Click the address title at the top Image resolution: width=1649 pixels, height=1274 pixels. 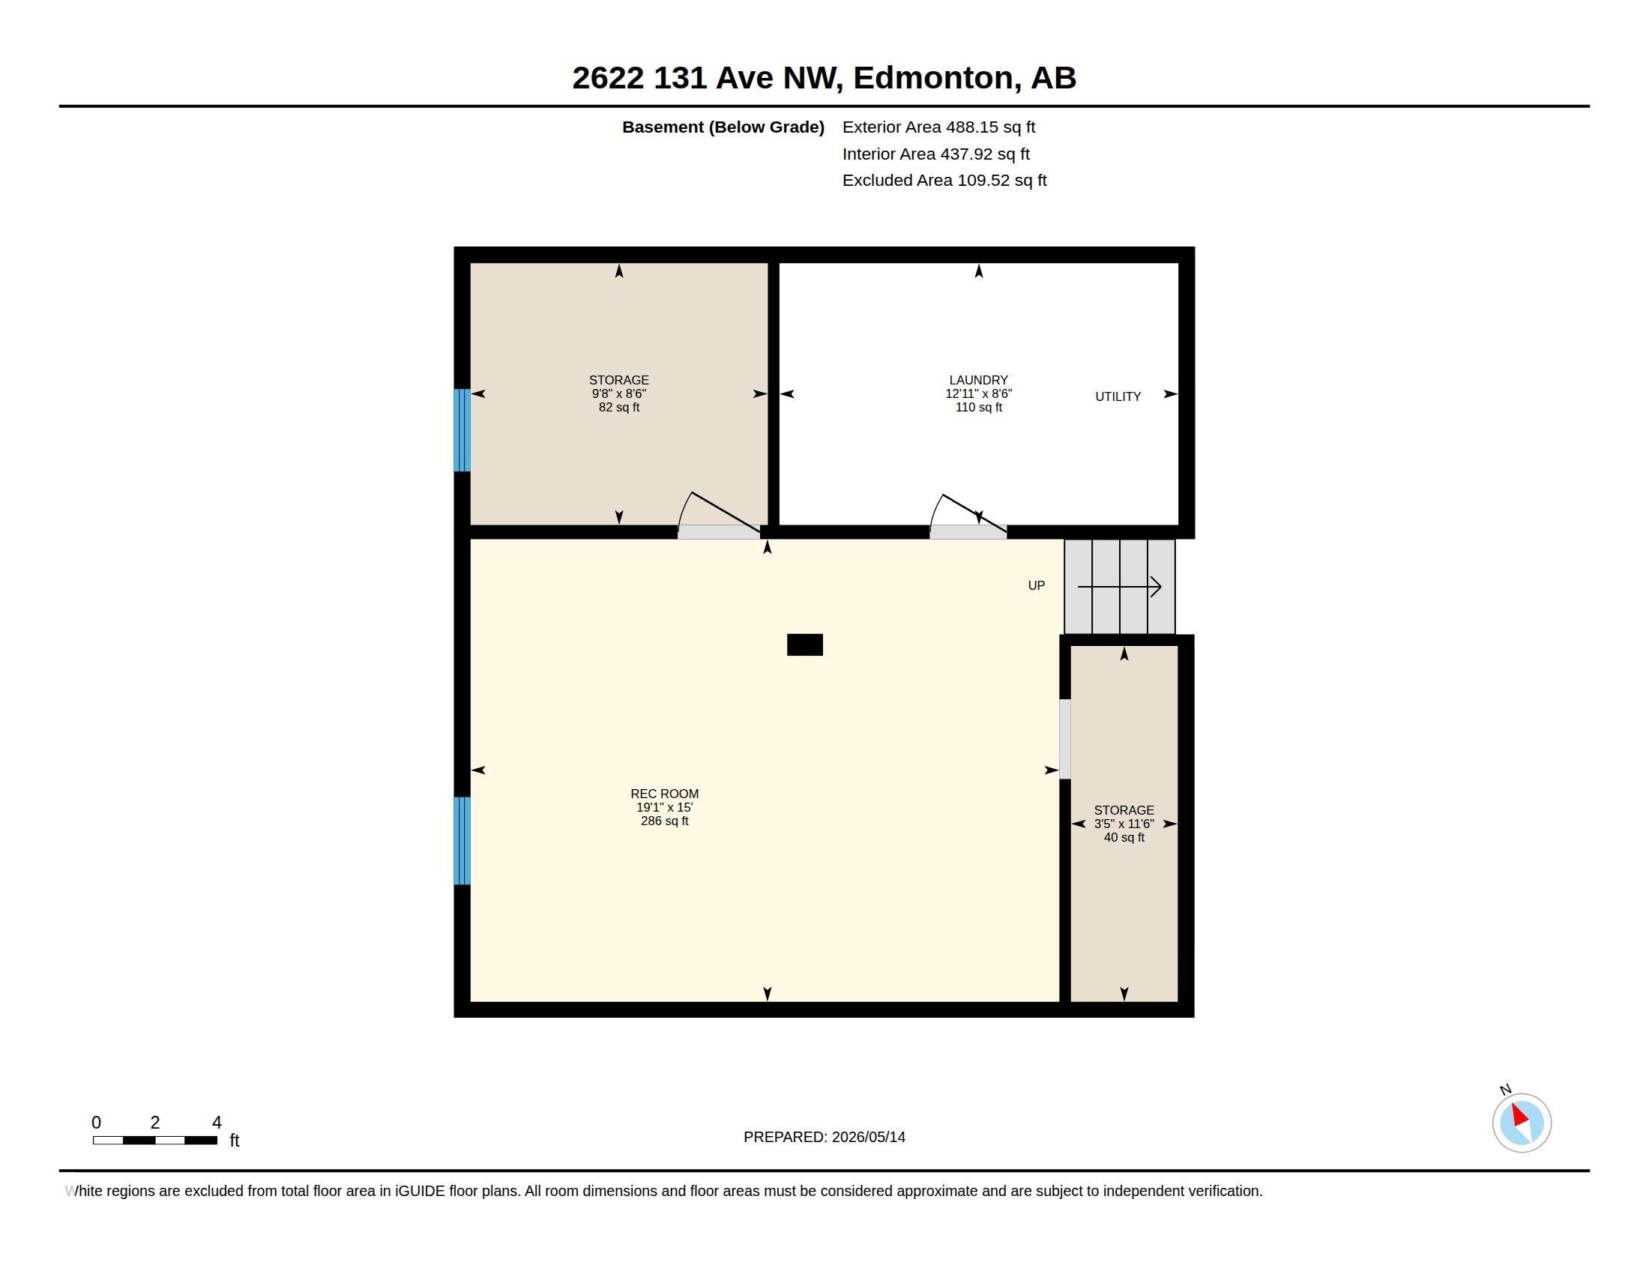tap(824, 78)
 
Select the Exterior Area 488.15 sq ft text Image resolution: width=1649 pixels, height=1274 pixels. tap(938, 127)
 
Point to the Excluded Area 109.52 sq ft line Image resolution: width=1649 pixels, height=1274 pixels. tap(944, 181)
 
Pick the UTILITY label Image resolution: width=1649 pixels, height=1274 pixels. tap(1118, 397)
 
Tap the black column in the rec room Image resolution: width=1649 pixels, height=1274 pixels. tap(805, 644)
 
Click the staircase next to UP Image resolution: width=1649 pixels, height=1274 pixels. tap(1120, 587)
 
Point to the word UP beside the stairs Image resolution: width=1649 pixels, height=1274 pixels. tap(1036, 586)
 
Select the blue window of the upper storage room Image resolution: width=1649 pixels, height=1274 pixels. tap(462, 430)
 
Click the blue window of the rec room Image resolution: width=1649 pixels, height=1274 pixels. tap(462, 841)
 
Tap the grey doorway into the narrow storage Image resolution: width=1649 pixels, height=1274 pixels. tap(1064, 739)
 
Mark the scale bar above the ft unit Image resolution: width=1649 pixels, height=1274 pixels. tap(155, 1141)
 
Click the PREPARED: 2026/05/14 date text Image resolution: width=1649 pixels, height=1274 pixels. tap(824, 1138)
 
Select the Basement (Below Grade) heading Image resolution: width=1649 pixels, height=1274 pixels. tap(723, 127)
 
